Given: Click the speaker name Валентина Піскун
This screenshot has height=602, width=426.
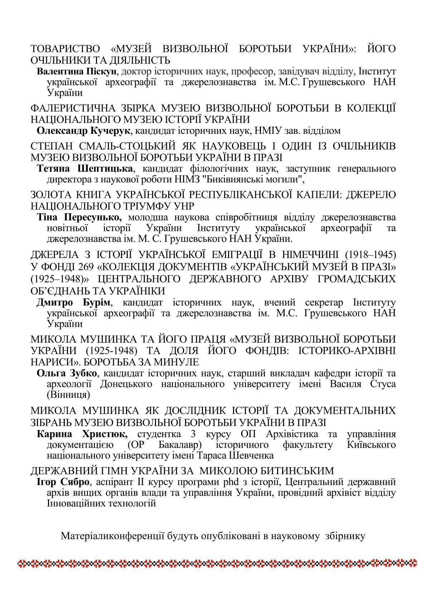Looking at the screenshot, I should coord(77,71).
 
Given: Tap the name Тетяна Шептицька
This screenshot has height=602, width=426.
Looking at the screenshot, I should coord(85,168).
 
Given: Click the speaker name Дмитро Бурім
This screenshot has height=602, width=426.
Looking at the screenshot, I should coord(73,303).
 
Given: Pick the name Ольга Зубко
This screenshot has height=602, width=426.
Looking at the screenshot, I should coord(67,373).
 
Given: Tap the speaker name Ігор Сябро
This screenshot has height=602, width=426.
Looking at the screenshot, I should coord(63,482).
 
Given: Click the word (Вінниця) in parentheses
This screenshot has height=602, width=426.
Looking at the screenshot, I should coord(68,395).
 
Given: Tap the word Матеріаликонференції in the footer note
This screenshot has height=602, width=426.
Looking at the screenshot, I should coord(113,536).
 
